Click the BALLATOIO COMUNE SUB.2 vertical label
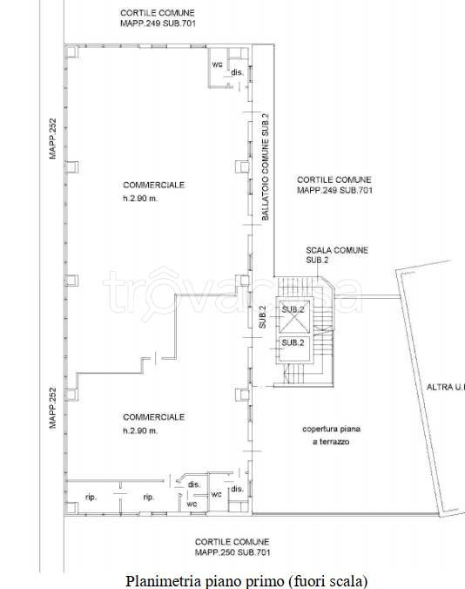point(266,166)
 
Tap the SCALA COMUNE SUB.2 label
point(337,255)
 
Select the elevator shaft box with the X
point(295,316)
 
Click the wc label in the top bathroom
point(217,64)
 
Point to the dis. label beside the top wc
point(237,71)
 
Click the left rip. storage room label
point(91,498)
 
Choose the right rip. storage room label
point(149,498)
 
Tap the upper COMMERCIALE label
point(154,185)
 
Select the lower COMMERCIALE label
point(154,417)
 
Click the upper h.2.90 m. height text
point(140,199)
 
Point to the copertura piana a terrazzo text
point(332,436)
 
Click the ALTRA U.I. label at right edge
point(446,387)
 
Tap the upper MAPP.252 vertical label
point(53,139)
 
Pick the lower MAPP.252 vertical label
point(53,408)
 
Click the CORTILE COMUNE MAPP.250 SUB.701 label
point(232,547)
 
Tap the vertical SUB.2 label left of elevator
point(262,317)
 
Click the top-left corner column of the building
point(71,51)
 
